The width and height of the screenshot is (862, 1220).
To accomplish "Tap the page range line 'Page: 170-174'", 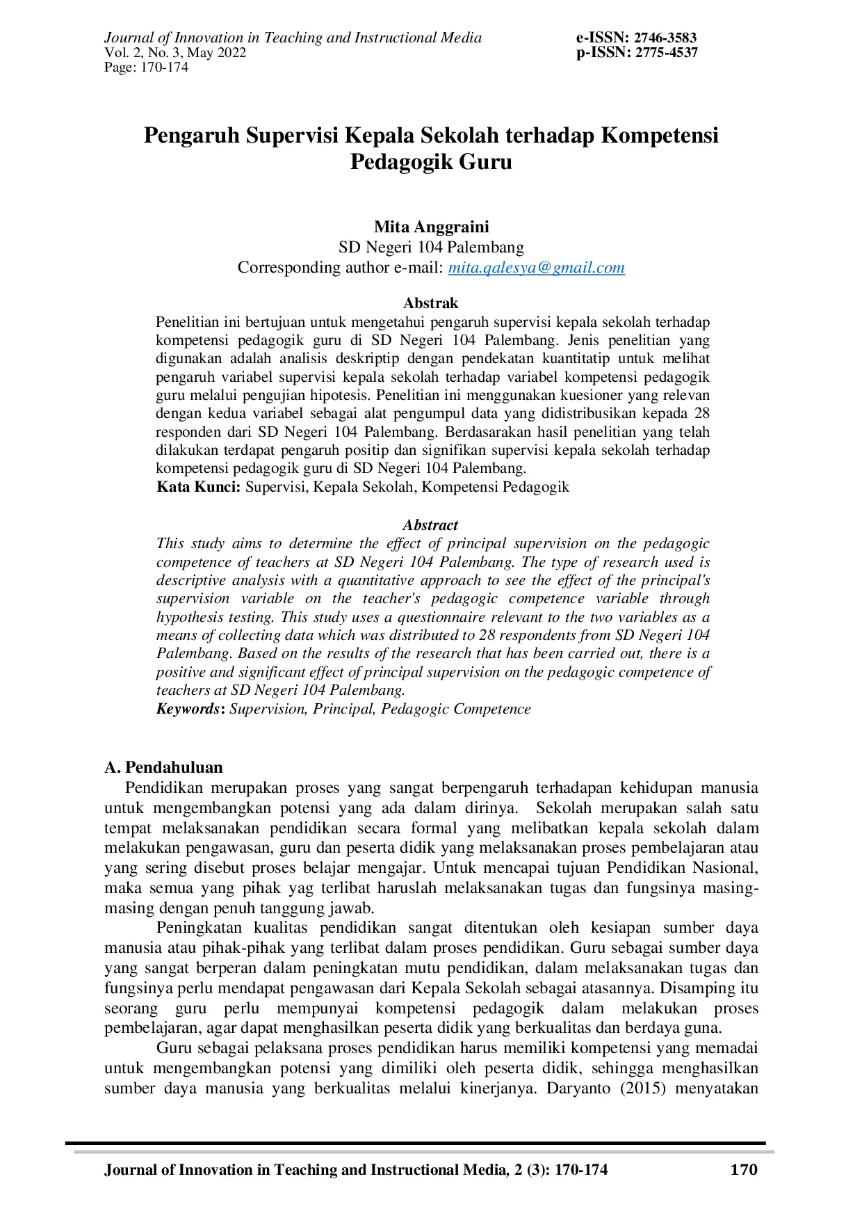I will (x=146, y=67).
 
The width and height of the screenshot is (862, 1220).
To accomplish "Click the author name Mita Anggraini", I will (x=431, y=227).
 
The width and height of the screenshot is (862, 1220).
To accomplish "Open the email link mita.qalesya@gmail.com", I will (x=536, y=268).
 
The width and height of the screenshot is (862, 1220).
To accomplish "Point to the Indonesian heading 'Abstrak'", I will (x=430, y=303).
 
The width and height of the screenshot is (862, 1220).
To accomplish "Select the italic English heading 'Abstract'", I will (x=430, y=525).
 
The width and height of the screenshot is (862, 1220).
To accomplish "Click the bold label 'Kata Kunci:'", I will (x=199, y=487).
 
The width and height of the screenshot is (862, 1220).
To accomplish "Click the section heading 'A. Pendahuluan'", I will (x=163, y=767).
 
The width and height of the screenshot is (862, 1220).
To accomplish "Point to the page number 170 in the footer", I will (x=744, y=1170).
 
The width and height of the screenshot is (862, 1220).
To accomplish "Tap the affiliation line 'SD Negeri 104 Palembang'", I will (x=431, y=247).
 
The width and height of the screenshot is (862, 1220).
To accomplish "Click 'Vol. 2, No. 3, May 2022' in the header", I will (x=175, y=53).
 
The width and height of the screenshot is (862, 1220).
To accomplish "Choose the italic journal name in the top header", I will (x=293, y=38).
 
